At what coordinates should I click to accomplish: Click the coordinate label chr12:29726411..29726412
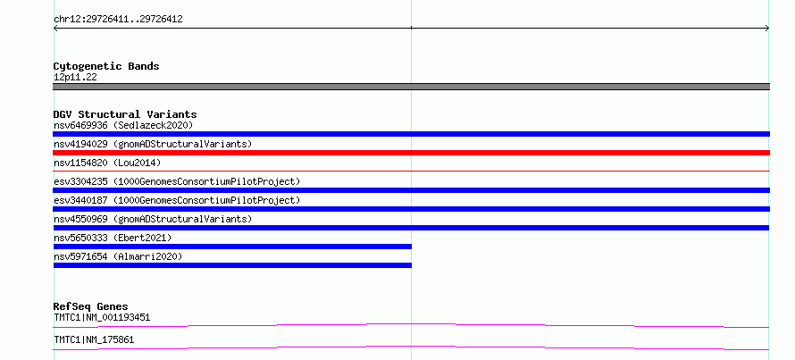(118, 20)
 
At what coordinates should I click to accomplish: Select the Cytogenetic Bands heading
(106, 66)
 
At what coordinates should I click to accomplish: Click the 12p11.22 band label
(75, 78)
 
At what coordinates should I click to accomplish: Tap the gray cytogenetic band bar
(411, 87)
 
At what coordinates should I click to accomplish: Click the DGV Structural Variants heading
(125, 114)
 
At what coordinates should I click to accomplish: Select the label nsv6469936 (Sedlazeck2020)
(123, 125)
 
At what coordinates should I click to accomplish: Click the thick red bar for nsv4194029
(411, 153)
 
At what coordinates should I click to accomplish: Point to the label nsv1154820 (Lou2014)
(107, 163)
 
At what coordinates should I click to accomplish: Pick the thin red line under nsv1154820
(411, 172)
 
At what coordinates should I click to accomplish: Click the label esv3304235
(80, 181)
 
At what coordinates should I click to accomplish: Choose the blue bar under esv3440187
(411, 209)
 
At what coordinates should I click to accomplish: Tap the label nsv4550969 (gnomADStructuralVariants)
(153, 219)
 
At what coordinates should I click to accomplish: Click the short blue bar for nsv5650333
(232, 247)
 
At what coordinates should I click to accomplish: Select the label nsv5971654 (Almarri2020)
(118, 256)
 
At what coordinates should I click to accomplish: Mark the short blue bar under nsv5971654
(232, 265)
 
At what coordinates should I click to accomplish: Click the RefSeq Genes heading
(91, 306)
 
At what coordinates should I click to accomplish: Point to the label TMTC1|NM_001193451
(102, 318)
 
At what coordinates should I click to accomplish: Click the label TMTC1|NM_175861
(94, 339)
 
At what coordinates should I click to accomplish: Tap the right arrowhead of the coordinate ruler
(767, 29)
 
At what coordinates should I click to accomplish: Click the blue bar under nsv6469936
(411, 134)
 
